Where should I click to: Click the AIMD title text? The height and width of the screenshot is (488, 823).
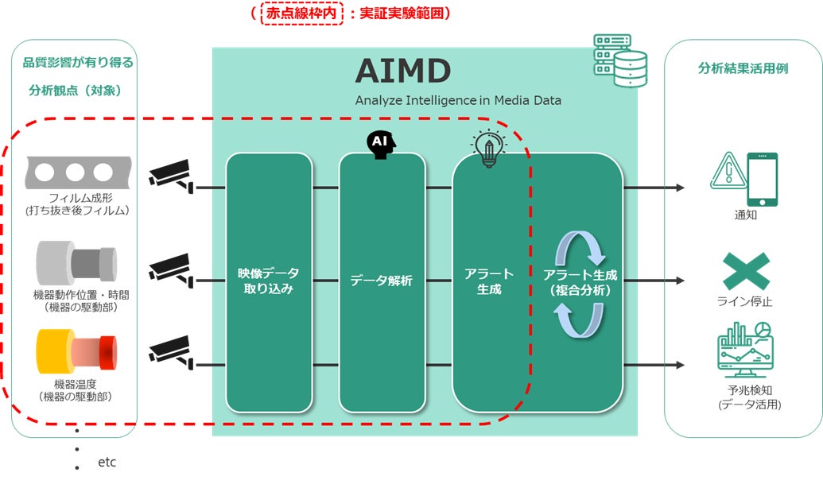402,71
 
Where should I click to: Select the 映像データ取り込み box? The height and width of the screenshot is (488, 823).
268,282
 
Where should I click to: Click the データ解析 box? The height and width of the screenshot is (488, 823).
382,281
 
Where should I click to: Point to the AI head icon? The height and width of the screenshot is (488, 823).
380,143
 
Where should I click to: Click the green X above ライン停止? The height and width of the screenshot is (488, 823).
745,271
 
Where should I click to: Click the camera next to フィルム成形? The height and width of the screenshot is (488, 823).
172,176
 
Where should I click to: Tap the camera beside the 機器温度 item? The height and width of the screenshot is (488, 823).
172,351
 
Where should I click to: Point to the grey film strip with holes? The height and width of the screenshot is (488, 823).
77,172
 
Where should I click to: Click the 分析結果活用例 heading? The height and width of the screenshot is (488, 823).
743,68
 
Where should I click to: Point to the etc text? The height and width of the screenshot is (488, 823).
107,462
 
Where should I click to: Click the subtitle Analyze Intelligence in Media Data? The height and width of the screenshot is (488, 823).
458,100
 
